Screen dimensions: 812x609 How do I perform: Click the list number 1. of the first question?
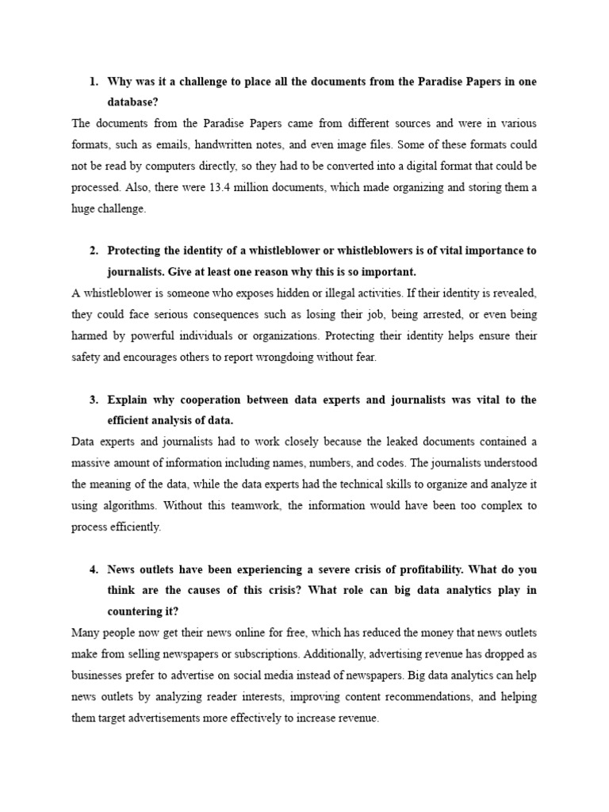pos(93,82)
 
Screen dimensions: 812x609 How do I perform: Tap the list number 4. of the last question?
pos(93,570)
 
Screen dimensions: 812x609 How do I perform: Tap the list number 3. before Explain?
pos(93,400)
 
